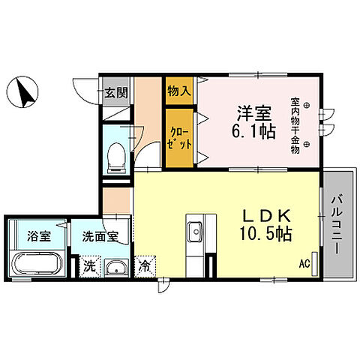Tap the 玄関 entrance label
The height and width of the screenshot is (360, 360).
pyautogui.click(x=115, y=93)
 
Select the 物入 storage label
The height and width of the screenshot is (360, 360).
pyautogui.click(x=178, y=91)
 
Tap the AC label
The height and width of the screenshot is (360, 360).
pyautogui.click(x=304, y=264)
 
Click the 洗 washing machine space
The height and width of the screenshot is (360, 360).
pyautogui.click(x=88, y=265)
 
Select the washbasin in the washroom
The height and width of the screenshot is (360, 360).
pyautogui.click(x=115, y=268)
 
